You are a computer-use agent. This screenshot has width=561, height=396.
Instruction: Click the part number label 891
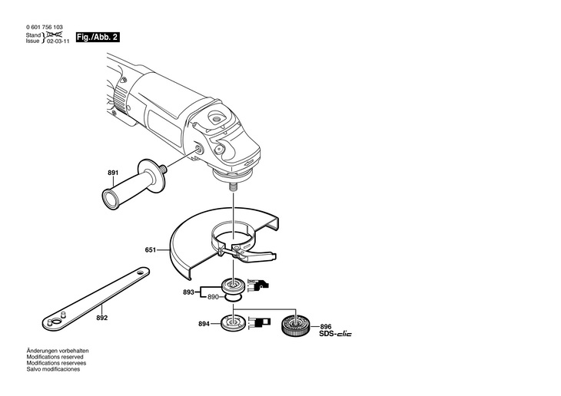pyautogui.click(x=113, y=173)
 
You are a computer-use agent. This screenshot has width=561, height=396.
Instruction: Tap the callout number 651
pyautogui.click(x=151, y=250)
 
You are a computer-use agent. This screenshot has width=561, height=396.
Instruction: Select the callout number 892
pyautogui.click(x=102, y=318)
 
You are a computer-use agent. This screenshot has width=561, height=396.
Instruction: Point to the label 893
pyautogui.click(x=188, y=291)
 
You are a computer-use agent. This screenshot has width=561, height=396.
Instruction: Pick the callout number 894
pyautogui.click(x=203, y=325)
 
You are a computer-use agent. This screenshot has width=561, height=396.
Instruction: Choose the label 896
pyautogui.click(x=326, y=326)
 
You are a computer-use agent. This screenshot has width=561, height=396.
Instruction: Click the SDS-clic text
pyautogui.click(x=335, y=335)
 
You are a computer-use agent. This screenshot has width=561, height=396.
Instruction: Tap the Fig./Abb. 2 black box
pyautogui.click(x=98, y=37)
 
